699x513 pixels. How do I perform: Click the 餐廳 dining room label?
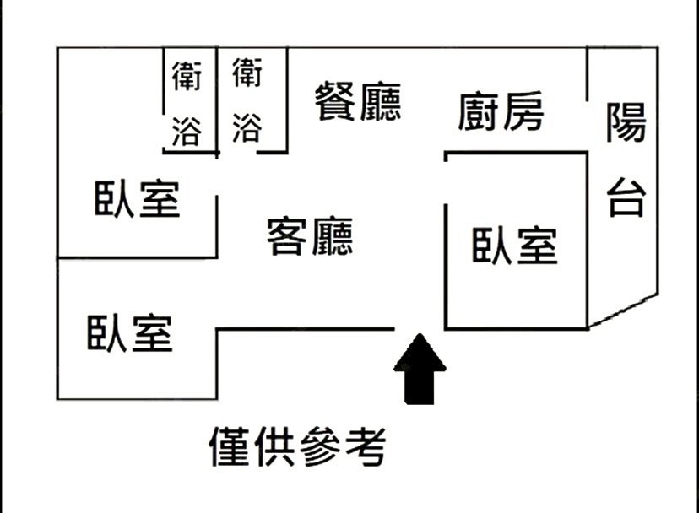point(358,101)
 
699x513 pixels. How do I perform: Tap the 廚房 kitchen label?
point(501,111)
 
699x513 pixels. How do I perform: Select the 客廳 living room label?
point(310,236)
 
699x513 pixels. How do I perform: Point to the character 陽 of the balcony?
point(626,121)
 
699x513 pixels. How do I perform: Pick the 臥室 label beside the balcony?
point(514,246)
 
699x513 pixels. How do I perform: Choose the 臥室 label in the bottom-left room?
point(130,333)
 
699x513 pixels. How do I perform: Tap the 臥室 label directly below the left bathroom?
point(137,198)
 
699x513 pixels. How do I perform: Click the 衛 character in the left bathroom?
point(187,76)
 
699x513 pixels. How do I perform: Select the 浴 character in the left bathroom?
point(187,132)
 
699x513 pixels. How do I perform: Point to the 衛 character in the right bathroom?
point(247,73)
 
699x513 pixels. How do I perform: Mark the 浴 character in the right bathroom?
point(247,128)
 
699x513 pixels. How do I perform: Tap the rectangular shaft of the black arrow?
point(420,388)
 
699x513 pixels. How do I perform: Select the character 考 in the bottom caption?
point(366,446)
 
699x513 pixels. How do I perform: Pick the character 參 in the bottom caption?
point(320,446)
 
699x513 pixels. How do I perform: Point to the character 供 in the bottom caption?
point(274,446)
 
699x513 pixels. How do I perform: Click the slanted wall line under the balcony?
point(623,310)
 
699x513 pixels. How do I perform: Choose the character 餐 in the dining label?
point(335,101)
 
